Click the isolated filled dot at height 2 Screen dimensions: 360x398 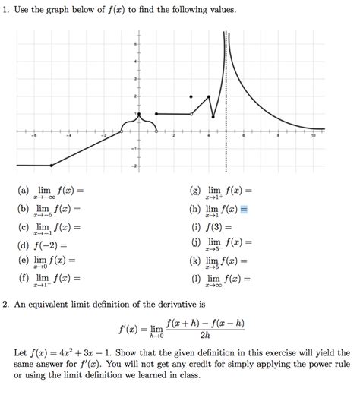click(x=191, y=96)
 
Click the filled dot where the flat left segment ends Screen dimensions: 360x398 click(x=51, y=166)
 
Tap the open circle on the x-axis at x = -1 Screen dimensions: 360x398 click(x=122, y=131)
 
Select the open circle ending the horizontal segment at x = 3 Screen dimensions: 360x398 click(x=191, y=114)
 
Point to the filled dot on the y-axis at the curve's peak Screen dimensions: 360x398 click(x=139, y=114)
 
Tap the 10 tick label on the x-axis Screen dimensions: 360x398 click(x=313, y=137)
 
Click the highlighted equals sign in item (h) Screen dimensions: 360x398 click(x=245, y=209)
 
